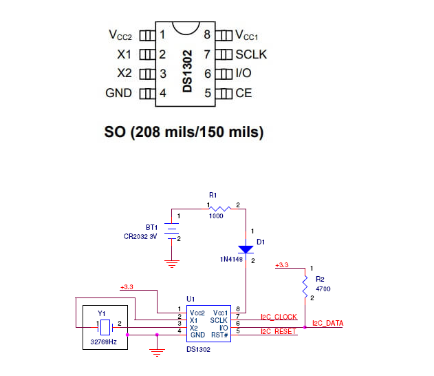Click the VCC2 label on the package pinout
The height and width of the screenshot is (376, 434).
click(x=120, y=35)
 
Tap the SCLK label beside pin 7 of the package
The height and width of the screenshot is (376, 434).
click(x=251, y=54)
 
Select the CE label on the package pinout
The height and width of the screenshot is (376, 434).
click(x=243, y=93)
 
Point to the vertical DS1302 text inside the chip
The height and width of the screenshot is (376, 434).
click(x=187, y=71)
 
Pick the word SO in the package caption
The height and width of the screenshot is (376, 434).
click(x=115, y=132)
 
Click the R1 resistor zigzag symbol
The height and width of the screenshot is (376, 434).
click(x=220, y=209)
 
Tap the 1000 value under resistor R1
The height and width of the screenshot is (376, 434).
click(x=216, y=216)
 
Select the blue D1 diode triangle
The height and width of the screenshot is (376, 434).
click(x=246, y=249)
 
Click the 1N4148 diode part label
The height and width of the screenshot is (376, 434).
click(x=231, y=260)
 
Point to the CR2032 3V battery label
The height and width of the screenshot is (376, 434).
click(x=140, y=237)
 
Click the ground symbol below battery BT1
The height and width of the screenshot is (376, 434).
click(x=172, y=264)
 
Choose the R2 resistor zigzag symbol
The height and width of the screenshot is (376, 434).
click(x=305, y=286)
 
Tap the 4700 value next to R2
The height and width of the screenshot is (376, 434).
click(x=323, y=289)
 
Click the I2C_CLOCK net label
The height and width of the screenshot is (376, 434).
click(x=279, y=317)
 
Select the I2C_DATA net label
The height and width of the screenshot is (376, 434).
click(x=327, y=323)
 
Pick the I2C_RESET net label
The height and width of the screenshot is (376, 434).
click(x=279, y=331)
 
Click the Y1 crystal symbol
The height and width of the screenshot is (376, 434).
click(x=105, y=327)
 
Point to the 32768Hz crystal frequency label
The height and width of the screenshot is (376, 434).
click(x=104, y=342)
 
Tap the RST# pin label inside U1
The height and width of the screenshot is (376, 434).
click(x=219, y=335)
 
